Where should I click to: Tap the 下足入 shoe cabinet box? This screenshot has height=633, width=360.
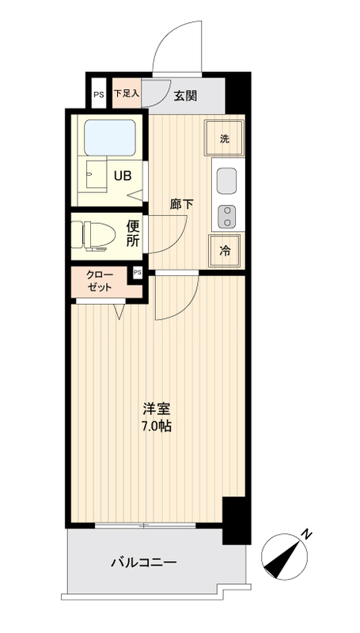[x=126, y=93]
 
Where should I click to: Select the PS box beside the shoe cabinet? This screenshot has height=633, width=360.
[x=98, y=95]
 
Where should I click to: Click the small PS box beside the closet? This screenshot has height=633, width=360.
[x=137, y=273]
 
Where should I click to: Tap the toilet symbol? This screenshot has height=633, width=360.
[x=93, y=234]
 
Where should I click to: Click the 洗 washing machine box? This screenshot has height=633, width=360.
[x=224, y=139]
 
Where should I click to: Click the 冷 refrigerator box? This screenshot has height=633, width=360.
[x=225, y=250]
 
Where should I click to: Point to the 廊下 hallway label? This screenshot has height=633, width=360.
[x=181, y=204]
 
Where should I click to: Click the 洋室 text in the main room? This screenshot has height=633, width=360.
[x=157, y=409]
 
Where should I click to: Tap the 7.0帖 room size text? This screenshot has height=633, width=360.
[x=157, y=426]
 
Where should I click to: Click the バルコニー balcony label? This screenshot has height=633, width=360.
[x=143, y=563]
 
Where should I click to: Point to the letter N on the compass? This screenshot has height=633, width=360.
[x=306, y=535]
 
